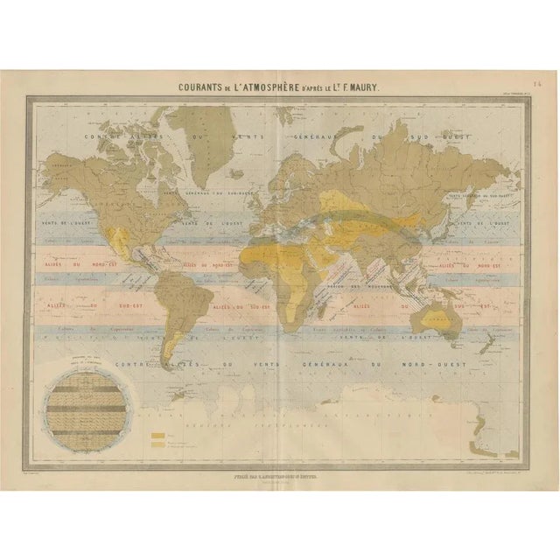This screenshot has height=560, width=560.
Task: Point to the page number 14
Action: pyautogui.click(x=536, y=85)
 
